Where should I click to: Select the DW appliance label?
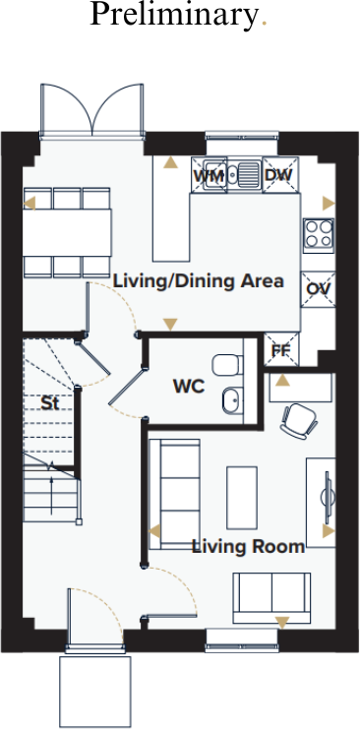tap(278, 175)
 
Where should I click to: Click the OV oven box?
tap(317, 288)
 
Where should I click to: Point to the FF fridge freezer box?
tap(280, 349)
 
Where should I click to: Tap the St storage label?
tap(49, 402)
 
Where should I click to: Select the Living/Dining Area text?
tap(199, 281)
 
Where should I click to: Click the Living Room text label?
tap(248, 546)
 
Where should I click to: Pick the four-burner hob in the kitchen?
tap(318, 233)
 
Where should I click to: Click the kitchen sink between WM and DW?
tap(244, 174)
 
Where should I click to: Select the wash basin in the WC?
tap(231, 400)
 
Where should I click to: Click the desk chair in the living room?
tap(297, 420)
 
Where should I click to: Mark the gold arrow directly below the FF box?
tap(282, 380)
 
